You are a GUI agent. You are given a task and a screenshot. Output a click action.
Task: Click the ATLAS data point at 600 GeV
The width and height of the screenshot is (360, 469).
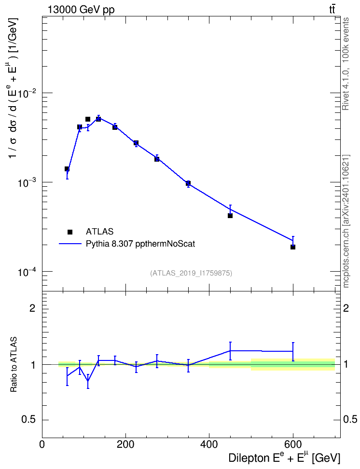click(x=292, y=247)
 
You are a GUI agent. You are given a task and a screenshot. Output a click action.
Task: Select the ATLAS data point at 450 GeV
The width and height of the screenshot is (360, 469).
click(x=230, y=215)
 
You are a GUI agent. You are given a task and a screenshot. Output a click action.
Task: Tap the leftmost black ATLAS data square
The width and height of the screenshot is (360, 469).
click(x=67, y=169)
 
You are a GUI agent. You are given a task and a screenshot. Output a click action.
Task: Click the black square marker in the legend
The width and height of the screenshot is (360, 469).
click(x=70, y=232)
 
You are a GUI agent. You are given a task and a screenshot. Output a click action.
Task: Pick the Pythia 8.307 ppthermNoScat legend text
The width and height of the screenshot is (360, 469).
click(x=140, y=244)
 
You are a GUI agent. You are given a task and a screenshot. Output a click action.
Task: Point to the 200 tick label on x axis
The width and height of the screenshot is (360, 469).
click(x=125, y=444)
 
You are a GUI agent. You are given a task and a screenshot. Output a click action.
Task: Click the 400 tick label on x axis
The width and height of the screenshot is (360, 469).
click(x=209, y=444)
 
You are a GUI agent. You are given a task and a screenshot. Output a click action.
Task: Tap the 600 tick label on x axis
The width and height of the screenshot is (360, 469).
click(x=292, y=444)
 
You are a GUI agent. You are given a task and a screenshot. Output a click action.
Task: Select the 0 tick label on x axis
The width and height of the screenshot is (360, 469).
click(x=42, y=444)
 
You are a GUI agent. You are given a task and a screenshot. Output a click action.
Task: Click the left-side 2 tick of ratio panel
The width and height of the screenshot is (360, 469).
click(x=32, y=308)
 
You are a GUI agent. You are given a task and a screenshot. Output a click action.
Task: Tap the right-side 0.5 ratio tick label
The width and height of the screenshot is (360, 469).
click(x=349, y=420)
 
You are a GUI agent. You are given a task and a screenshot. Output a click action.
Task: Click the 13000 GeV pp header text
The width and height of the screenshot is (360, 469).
click(x=81, y=10)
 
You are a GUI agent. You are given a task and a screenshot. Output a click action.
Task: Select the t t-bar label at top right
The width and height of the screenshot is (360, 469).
click(x=332, y=9)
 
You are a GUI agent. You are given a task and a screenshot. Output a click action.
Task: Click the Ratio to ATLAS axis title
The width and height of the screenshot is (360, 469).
click(x=14, y=364)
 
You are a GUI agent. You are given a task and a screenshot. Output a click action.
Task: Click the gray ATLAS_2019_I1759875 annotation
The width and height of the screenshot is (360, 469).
click(x=191, y=273)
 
